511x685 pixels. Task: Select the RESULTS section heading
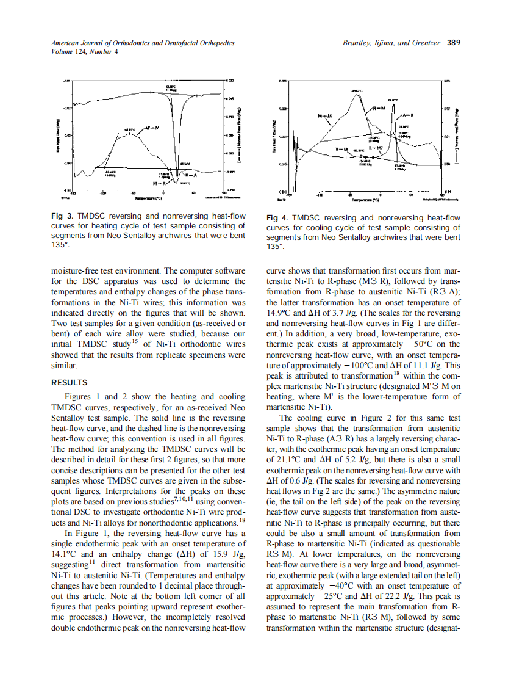pyautogui.click(x=69, y=383)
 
